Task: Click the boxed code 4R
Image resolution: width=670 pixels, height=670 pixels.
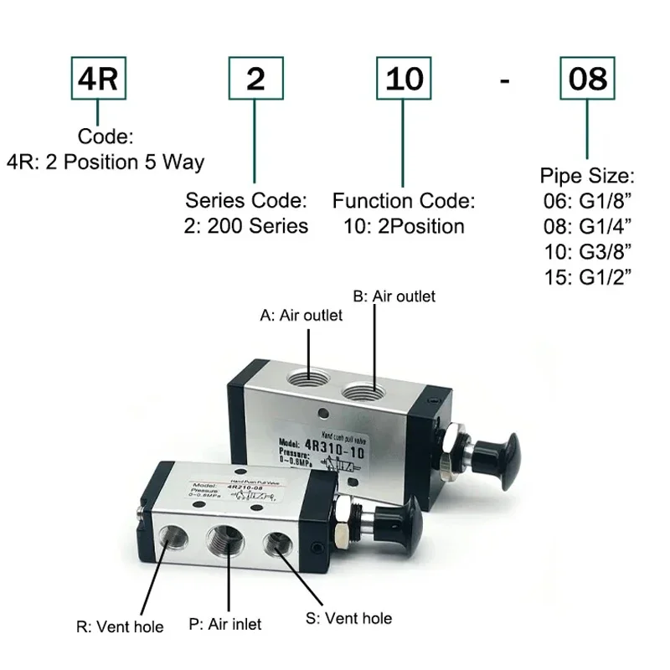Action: tap(100, 80)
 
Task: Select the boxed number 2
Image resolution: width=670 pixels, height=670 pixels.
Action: tap(255, 80)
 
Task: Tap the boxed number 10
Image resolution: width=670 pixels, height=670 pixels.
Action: tap(405, 80)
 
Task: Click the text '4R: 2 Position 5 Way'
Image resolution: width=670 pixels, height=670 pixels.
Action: tap(106, 162)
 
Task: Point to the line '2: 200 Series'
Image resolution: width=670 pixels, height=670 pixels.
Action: tap(246, 225)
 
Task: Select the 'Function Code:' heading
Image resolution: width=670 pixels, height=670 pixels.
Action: tap(404, 201)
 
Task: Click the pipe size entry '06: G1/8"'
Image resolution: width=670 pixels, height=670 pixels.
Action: tap(587, 201)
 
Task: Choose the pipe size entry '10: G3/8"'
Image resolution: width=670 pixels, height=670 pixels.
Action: tap(587, 251)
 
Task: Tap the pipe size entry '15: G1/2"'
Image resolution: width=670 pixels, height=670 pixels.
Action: tap(587, 276)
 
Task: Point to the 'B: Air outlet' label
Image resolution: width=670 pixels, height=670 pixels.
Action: tap(394, 296)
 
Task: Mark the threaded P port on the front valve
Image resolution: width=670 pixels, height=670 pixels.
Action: tap(225, 542)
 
